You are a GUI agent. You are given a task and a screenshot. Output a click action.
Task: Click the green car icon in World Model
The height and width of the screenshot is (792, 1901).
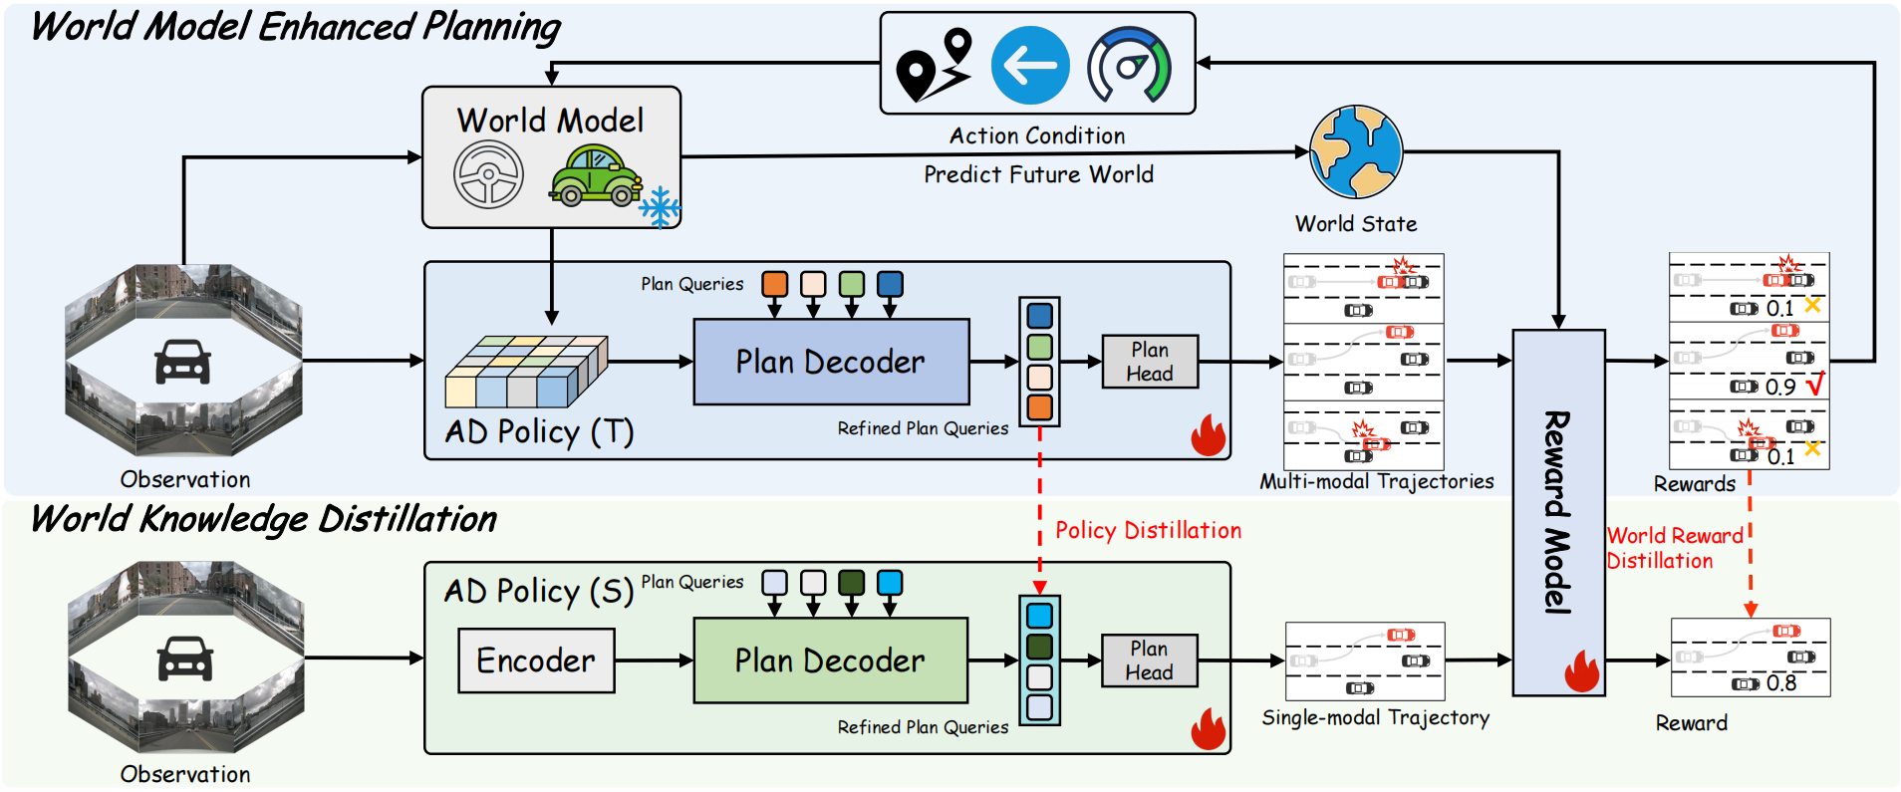(596, 176)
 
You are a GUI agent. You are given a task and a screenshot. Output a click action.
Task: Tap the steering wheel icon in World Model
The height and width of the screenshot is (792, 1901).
(488, 174)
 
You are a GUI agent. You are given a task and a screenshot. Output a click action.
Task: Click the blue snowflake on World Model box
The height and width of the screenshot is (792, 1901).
(659, 207)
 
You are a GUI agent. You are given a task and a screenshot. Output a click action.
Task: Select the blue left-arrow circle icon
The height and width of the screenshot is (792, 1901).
(1030, 66)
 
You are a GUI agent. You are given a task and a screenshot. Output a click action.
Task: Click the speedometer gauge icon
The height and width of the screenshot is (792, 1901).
(1129, 66)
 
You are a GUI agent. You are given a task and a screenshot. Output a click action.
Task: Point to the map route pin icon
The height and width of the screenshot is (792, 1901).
(934, 66)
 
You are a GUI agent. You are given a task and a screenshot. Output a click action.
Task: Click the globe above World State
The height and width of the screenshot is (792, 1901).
(1356, 152)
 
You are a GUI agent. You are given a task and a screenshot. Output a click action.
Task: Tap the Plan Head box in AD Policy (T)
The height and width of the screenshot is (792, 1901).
(1150, 362)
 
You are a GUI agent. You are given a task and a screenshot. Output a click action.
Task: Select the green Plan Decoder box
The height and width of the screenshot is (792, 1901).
(830, 660)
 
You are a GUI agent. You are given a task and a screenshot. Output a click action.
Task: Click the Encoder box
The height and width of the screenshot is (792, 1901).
(536, 660)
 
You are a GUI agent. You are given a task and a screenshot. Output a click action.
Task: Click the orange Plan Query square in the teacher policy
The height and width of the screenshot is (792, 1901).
(774, 284)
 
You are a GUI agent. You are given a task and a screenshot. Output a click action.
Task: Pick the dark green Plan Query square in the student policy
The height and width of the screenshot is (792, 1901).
(851, 582)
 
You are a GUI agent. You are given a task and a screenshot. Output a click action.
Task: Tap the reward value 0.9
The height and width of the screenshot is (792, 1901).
(1780, 388)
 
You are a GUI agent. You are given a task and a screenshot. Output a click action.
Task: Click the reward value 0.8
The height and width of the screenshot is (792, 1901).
(1781, 683)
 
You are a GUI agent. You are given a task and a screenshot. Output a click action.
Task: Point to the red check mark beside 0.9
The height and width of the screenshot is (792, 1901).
(1815, 384)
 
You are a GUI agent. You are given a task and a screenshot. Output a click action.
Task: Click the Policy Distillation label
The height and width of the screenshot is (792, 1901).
(1148, 530)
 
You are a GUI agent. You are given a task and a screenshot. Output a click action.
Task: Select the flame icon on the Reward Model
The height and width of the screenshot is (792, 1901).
(1581, 671)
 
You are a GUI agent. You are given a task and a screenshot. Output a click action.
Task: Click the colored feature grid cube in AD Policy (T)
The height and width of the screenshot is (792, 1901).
(525, 372)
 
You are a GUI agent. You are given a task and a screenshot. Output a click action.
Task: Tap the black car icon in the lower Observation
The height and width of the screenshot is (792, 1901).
(185, 659)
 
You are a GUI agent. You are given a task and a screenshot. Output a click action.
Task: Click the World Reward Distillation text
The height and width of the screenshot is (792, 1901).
(1674, 548)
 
